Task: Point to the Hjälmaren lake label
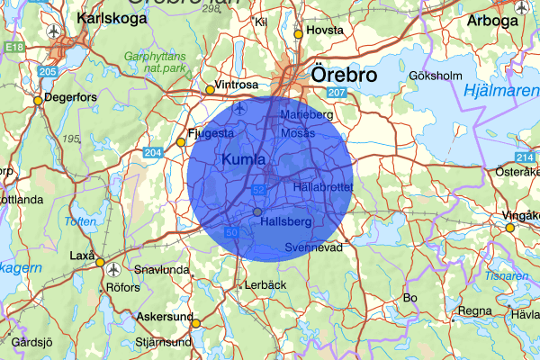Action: pos(499,90)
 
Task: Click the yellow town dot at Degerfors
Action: pos(38,101)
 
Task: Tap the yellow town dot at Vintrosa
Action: pos(210,89)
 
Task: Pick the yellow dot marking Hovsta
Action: pos(298,34)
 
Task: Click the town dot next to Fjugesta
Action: pos(181,142)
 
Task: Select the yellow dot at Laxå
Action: pos(101,264)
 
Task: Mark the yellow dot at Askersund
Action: pos(195,322)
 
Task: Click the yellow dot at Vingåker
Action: pos(510,228)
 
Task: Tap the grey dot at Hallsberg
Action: pos(257,211)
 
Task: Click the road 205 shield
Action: pos(48,71)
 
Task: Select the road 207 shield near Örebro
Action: pos(337,94)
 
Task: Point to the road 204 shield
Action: pos(152,152)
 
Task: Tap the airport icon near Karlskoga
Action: pos(55,31)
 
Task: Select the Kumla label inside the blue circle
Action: pos(243,159)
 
